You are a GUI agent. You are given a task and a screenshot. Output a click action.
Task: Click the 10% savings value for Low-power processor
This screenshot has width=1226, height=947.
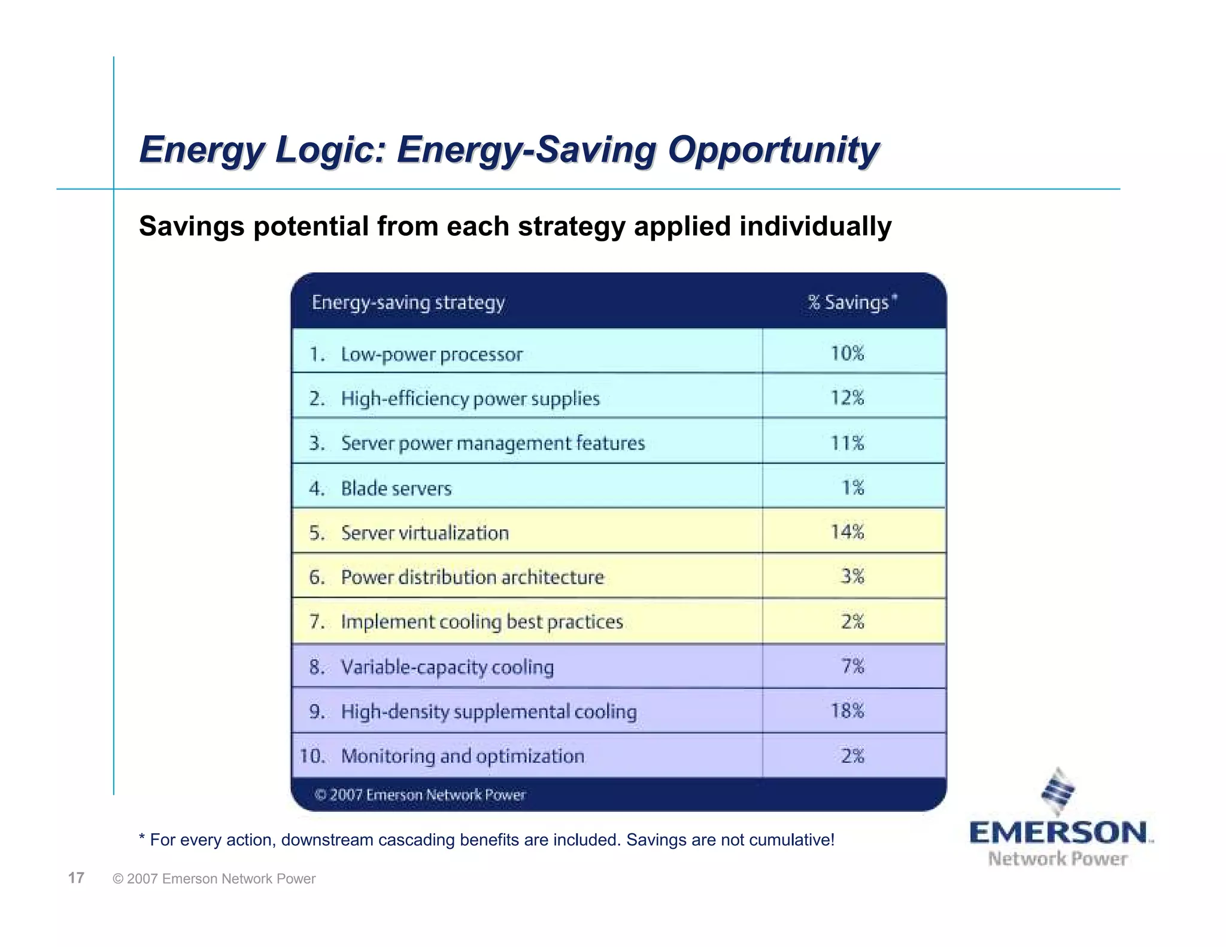(x=847, y=353)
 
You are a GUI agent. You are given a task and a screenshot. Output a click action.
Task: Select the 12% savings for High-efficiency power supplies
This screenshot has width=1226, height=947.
(x=847, y=397)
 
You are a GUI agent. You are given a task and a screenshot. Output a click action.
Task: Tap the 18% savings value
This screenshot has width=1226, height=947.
(x=847, y=711)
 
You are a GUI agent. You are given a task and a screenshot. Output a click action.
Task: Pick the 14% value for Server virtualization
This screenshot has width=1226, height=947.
(x=847, y=532)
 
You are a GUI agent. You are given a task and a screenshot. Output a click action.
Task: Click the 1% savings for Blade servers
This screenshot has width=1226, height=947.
(x=853, y=487)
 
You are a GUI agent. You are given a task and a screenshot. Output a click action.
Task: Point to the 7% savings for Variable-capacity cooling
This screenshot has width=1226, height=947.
(x=853, y=666)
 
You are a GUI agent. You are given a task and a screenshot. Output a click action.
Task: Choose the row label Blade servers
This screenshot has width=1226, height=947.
(x=396, y=488)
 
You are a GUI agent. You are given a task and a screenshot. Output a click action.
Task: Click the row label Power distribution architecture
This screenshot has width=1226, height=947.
(x=472, y=577)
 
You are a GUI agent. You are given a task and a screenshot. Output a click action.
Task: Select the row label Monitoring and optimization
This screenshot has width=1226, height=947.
(x=462, y=756)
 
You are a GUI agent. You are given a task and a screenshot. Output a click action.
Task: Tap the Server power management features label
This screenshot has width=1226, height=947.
(x=493, y=443)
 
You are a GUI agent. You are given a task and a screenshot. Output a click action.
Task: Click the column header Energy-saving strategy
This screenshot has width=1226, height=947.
(x=408, y=302)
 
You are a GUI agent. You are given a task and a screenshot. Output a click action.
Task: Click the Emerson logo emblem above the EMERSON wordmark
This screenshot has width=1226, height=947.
(x=1058, y=791)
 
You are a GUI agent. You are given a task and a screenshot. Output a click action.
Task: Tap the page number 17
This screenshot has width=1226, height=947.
(x=76, y=878)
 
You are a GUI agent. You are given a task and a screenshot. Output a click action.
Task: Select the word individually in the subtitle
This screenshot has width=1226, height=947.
(x=815, y=226)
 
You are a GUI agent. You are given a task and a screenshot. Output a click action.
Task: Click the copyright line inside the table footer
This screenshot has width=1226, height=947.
(x=420, y=795)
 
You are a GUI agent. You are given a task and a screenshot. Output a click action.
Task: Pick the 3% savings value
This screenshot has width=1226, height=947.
(x=853, y=576)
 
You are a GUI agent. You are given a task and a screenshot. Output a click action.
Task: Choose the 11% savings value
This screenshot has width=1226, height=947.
(x=847, y=443)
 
